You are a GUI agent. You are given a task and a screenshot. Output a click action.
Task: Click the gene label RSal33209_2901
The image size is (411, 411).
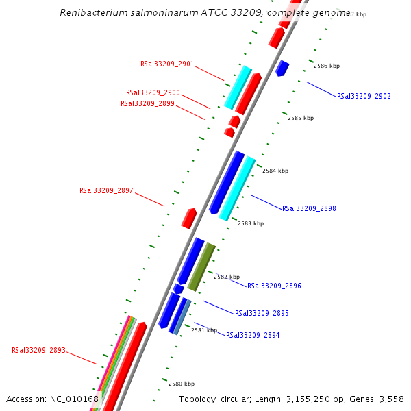point(167,64)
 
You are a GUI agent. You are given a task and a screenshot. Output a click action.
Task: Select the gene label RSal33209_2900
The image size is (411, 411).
point(153,92)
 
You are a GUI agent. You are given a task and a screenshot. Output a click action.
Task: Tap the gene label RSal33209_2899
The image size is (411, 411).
point(147,103)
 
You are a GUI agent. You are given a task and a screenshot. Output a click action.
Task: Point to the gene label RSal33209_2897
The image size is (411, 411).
point(106,190)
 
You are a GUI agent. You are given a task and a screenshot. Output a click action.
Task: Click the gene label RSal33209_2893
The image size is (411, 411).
point(38,350)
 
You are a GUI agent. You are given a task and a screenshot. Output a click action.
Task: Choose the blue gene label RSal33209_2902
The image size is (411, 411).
point(364,96)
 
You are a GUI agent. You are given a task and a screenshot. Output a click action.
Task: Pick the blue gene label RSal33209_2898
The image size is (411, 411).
point(309,208)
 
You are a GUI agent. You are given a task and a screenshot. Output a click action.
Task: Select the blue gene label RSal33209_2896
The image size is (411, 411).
point(274,286)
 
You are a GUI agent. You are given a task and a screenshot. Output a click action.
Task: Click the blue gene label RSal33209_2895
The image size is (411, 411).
point(262,313)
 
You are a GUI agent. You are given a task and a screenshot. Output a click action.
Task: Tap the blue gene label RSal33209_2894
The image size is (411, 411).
point(253,335)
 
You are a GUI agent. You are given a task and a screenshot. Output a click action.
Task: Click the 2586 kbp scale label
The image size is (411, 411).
point(327,66)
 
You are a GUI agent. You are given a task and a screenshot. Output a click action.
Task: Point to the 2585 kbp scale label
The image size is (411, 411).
point(301,118)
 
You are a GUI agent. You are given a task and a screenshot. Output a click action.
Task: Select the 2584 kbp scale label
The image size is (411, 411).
point(275,171)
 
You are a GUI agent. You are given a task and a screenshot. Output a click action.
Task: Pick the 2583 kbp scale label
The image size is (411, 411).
point(251,223)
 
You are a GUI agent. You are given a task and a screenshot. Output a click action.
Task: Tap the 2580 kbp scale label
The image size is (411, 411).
point(182,384)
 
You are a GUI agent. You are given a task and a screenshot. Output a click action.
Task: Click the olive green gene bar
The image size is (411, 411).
point(202,266)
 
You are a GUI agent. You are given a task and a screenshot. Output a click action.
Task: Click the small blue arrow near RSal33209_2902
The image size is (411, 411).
point(282,68)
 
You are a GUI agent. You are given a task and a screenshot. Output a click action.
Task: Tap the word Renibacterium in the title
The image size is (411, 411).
point(93,12)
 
